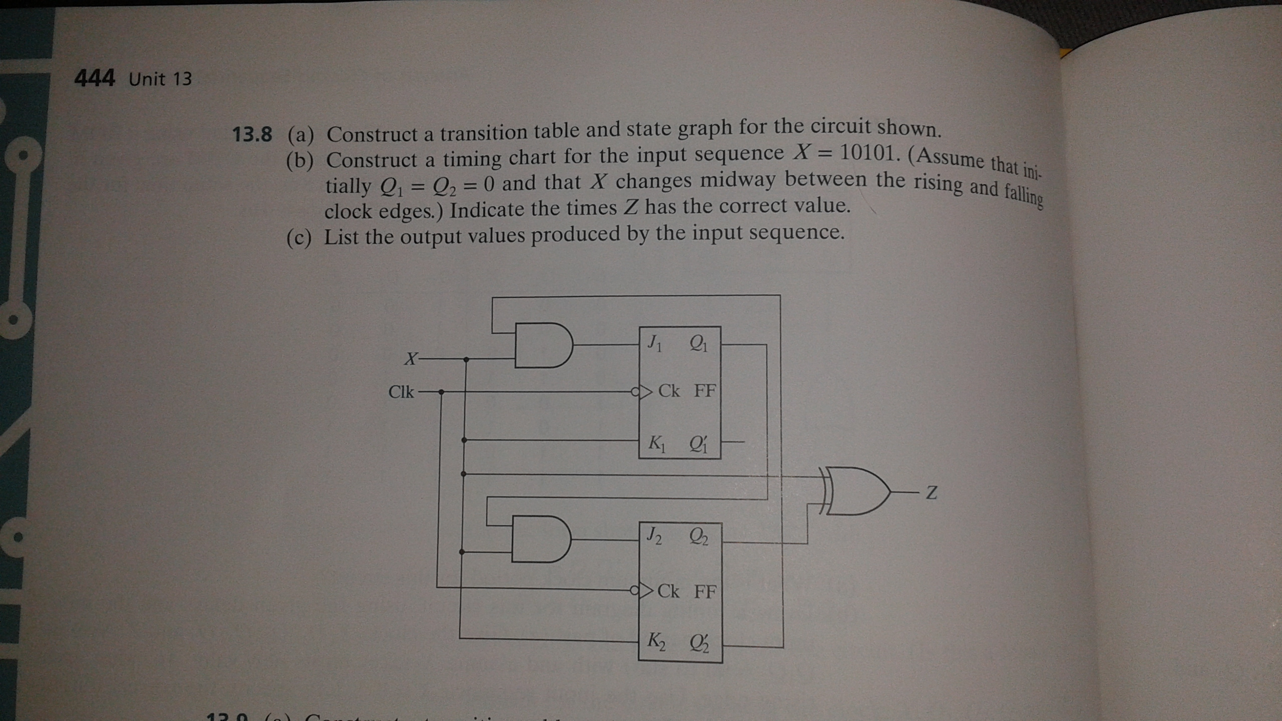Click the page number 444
tap(94, 78)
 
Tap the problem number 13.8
tap(252, 134)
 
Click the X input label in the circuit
tap(410, 358)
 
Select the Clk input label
tap(400, 392)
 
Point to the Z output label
tap(932, 493)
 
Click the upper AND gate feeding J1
tap(543, 345)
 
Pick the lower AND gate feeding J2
tap(540, 539)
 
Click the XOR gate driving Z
tap(856, 491)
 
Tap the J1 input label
tap(654, 343)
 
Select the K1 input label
tap(656, 443)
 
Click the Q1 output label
tap(698, 343)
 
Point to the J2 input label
tap(654, 536)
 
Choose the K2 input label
tap(656, 641)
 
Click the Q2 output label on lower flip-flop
tap(698, 537)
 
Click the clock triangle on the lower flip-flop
tap(645, 591)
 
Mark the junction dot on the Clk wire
tap(441, 392)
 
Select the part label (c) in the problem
tap(299, 238)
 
